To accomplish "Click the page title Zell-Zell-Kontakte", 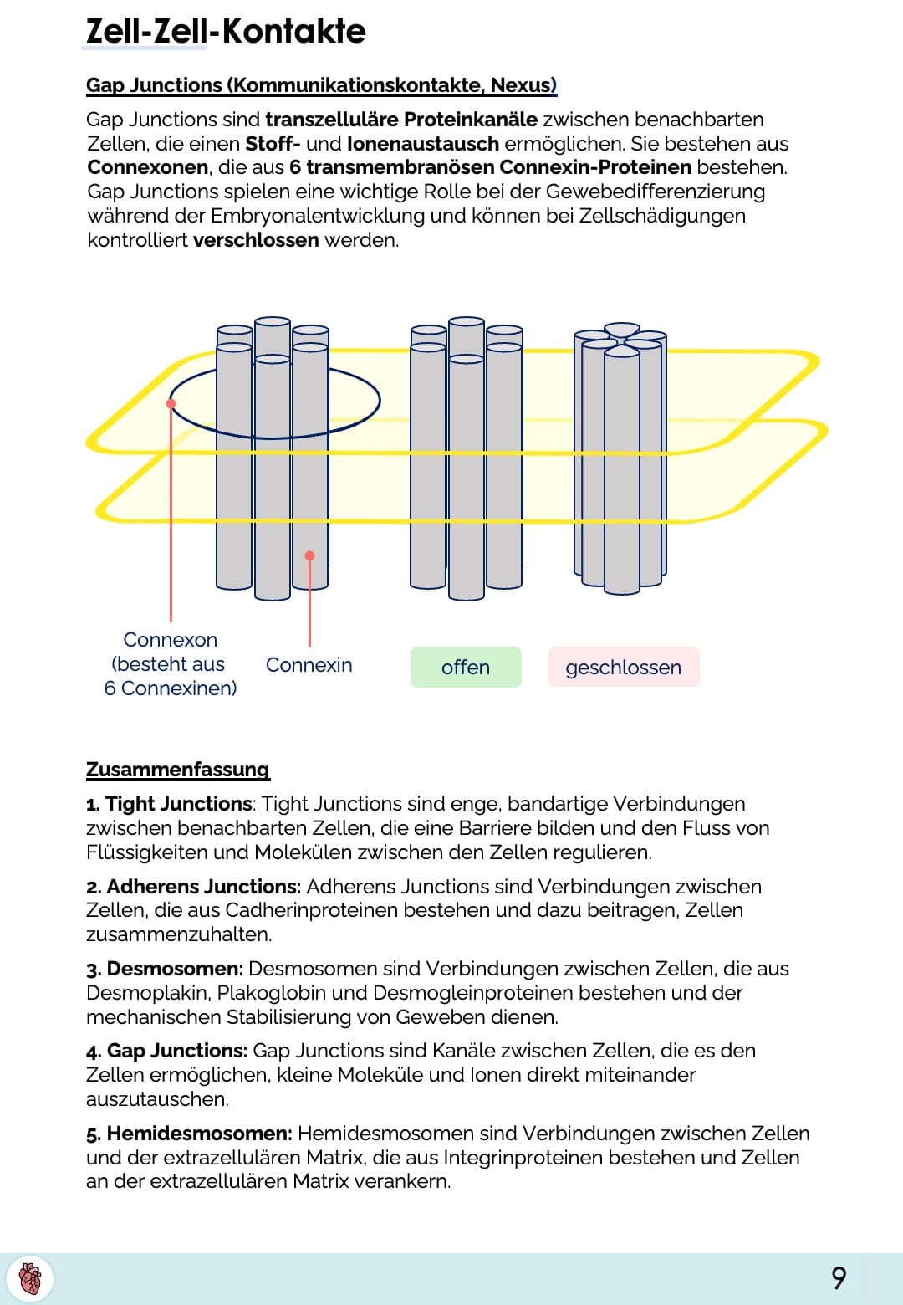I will tap(226, 32).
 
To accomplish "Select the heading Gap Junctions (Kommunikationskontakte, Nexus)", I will tap(321, 85).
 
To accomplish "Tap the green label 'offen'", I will tap(466, 668).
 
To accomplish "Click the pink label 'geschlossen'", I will tap(624, 668).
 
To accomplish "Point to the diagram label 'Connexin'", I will tap(309, 665).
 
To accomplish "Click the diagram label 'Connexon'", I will tap(170, 640).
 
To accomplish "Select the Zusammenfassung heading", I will tap(178, 770).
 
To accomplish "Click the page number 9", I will tap(839, 1278).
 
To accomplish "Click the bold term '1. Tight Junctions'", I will tap(169, 804).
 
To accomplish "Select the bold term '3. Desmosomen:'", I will tap(165, 969).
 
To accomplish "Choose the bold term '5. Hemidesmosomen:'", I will tap(189, 1134).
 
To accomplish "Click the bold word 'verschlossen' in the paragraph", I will tap(256, 240).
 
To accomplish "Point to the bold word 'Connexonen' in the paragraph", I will tap(146, 167).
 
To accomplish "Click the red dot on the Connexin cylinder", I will tap(309, 556).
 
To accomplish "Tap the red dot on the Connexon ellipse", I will tap(171, 403).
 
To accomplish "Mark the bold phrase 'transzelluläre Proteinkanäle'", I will tap(401, 120).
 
